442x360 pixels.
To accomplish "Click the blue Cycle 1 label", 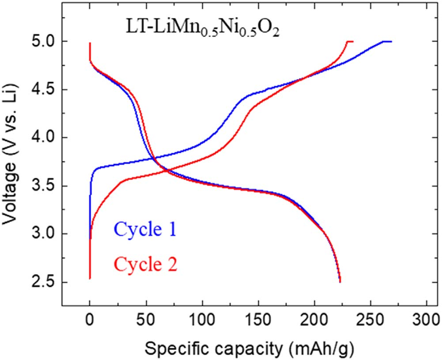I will click(145, 230).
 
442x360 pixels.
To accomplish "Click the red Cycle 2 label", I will click(146, 264).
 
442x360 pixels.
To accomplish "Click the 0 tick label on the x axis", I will click(90, 321).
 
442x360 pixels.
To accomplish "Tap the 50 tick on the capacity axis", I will click(146, 321).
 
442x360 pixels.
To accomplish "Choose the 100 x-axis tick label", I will click(202, 321).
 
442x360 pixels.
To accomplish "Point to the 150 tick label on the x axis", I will click(258, 321).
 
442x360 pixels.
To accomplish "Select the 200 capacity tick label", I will click(314, 321).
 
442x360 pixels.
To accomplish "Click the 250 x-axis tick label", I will click(370, 321).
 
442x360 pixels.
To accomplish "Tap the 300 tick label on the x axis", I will click(427, 321).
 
